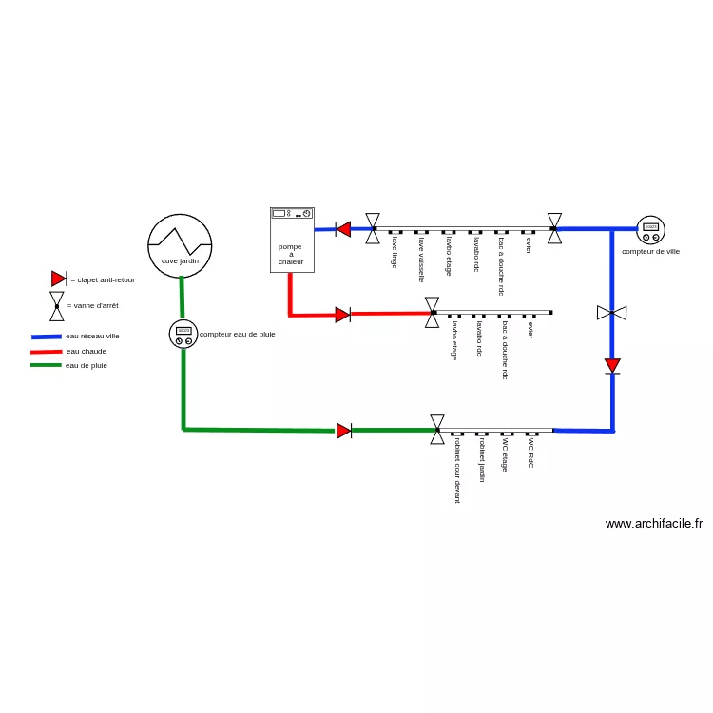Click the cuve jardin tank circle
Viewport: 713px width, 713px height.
point(180,215)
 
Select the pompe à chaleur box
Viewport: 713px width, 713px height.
point(292,241)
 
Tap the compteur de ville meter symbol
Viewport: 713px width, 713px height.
point(650,230)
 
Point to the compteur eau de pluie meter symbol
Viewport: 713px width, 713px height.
point(183,335)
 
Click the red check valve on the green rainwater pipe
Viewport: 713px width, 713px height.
point(344,431)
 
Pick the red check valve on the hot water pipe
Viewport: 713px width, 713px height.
point(343,315)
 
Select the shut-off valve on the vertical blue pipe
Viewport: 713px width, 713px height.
point(611,313)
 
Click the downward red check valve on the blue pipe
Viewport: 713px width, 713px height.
point(612,366)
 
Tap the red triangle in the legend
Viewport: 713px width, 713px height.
point(59,279)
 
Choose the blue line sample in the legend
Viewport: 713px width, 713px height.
point(47,337)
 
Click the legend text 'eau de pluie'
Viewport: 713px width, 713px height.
point(87,366)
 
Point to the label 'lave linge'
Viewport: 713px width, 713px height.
point(395,252)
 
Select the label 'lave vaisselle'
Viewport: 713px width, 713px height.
point(421,260)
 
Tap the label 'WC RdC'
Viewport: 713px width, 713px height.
point(530,453)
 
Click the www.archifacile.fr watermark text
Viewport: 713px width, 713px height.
point(654,524)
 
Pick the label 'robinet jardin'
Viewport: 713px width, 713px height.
point(482,460)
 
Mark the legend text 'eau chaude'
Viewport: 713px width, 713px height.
point(87,352)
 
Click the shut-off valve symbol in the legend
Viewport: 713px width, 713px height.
point(57,306)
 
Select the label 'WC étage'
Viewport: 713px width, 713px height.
point(505,454)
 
